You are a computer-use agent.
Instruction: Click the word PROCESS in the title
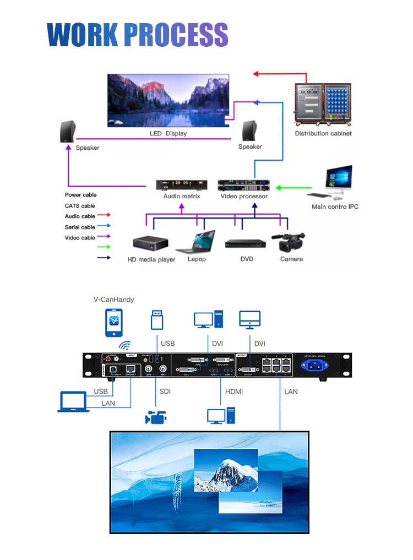coord(176,35)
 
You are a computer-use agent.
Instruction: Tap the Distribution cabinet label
coord(323,133)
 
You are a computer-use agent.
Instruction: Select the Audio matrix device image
coord(182,185)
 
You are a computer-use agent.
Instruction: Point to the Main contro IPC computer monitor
coord(338,178)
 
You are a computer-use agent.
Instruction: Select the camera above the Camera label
coord(289,242)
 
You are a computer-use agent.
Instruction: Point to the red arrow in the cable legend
coord(104,215)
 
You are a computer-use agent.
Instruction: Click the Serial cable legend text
coord(80,227)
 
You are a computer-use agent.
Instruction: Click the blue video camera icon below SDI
coord(156,417)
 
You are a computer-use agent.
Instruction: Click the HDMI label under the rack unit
coord(234,392)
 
